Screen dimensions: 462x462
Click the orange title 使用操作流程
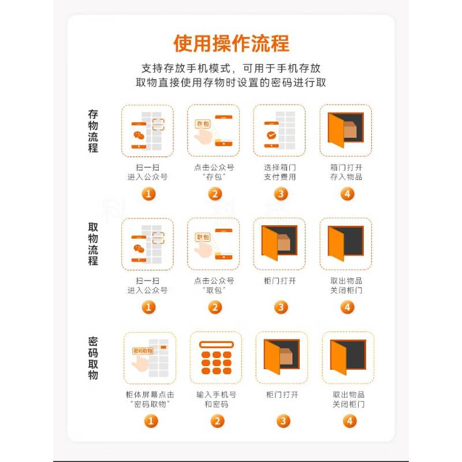click(x=232, y=44)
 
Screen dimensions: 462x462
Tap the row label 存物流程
click(x=93, y=131)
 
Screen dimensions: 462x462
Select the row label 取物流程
click(x=93, y=244)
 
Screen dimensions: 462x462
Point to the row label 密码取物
click(x=93, y=358)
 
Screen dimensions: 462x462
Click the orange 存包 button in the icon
click(x=203, y=124)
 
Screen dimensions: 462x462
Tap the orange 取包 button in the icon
click(x=203, y=237)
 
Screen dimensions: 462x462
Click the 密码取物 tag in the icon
click(x=143, y=351)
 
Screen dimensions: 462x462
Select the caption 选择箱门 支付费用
click(x=280, y=172)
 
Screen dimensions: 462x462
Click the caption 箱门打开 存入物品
click(x=346, y=172)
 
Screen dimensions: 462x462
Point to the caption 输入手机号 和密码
click(x=216, y=399)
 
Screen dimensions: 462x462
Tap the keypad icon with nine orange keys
click(x=216, y=357)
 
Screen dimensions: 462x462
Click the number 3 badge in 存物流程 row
click(x=281, y=194)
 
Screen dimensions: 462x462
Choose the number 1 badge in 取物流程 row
click(x=148, y=307)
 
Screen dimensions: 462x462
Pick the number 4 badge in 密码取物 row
click(x=350, y=421)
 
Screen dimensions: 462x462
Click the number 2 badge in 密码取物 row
click(x=218, y=421)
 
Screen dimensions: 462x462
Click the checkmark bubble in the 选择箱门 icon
click(x=271, y=135)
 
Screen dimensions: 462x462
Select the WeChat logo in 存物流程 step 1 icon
click(x=139, y=136)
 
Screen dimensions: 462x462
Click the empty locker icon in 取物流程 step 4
click(x=346, y=243)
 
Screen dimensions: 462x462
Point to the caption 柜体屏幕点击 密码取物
click(x=150, y=399)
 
